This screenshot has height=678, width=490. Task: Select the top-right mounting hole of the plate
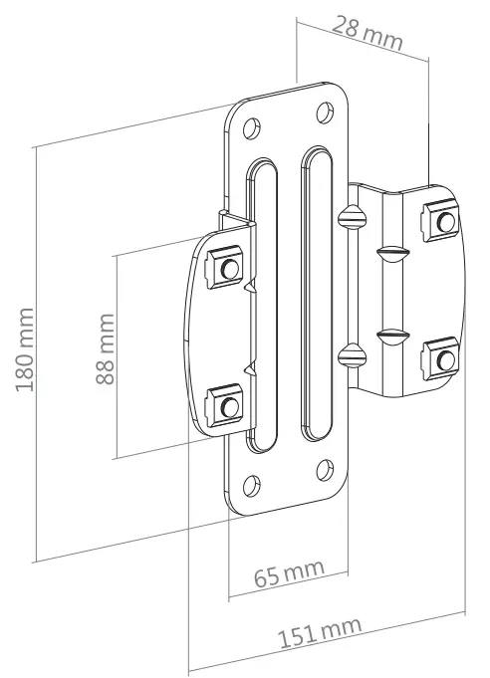pos(324,112)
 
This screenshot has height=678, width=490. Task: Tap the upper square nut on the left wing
pos(228,268)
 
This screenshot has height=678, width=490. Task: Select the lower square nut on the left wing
pos(229,405)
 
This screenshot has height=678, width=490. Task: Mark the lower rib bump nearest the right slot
pos(348,352)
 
